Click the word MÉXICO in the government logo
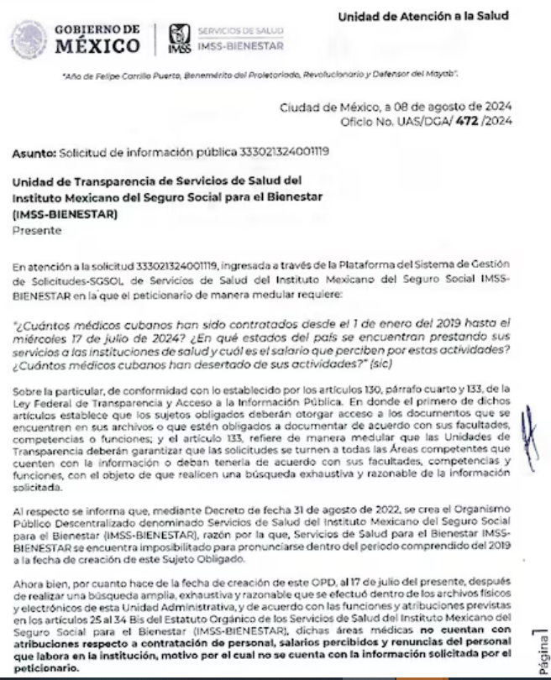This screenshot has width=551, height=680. pyautogui.click(x=97, y=45)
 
